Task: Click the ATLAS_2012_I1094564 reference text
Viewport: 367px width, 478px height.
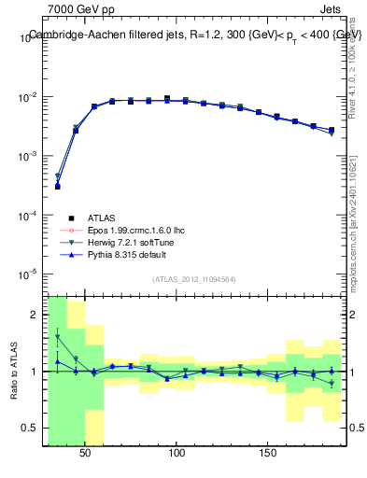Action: tap(194, 279)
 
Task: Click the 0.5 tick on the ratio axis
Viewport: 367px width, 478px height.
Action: tap(34, 429)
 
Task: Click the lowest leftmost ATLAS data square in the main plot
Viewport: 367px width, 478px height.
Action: tap(57, 187)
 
